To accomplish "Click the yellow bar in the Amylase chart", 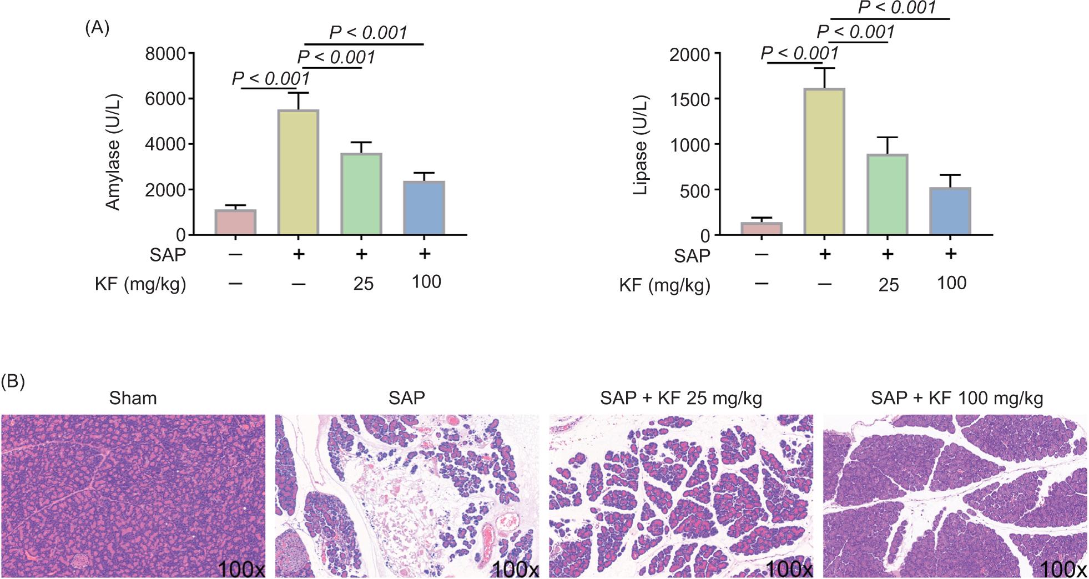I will pos(299,172).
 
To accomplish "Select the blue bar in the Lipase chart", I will pos(951,212).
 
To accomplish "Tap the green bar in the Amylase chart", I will pos(361,194).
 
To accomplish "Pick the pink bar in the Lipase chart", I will pos(762,229).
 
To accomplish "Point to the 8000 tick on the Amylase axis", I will pos(165,54).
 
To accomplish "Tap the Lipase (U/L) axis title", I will pos(641,145).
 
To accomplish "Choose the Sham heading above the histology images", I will pos(133,398).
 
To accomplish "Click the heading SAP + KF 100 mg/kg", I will pos(957,398).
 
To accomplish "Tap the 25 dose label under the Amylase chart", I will pos(363,284).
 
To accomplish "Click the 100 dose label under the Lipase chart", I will pos(952,283).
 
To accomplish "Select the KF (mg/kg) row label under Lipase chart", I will pos(665,286).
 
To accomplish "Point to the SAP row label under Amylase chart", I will pos(168,255).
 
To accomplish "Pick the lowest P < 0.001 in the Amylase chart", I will pos(271,78).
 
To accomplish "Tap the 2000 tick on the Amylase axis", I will pos(165,189).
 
